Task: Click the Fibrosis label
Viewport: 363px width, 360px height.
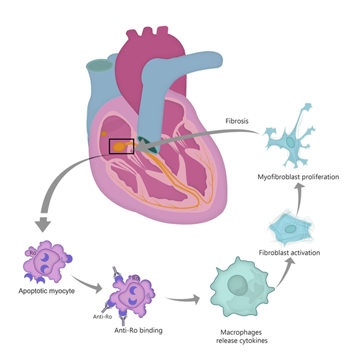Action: [x=237, y=121]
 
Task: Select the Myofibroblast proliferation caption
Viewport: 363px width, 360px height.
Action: [x=298, y=177]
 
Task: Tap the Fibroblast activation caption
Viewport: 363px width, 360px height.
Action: [x=289, y=252]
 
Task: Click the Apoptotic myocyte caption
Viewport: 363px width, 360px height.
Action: [x=47, y=291]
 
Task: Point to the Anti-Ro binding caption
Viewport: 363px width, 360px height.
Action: [x=138, y=330]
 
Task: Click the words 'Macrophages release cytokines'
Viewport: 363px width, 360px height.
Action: [x=242, y=337]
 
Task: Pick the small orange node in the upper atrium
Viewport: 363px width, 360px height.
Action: [x=104, y=134]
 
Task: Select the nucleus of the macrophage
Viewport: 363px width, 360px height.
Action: [x=237, y=285]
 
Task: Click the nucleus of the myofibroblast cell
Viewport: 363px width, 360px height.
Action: [x=290, y=142]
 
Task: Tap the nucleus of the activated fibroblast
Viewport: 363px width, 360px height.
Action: [x=290, y=229]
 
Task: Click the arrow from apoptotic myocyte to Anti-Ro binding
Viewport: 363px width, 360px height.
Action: [x=87, y=283]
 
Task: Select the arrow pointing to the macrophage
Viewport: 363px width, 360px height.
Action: [x=183, y=300]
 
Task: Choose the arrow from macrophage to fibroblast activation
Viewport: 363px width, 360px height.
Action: [x=284, y=274]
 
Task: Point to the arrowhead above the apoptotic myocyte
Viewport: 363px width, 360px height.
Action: [x=43, y=224]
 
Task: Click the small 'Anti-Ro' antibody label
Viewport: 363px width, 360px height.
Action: [x=102, y=317]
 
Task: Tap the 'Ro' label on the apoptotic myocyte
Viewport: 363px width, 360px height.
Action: [x=33, y=253]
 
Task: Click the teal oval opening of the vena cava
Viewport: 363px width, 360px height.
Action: [x=100, y=65]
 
